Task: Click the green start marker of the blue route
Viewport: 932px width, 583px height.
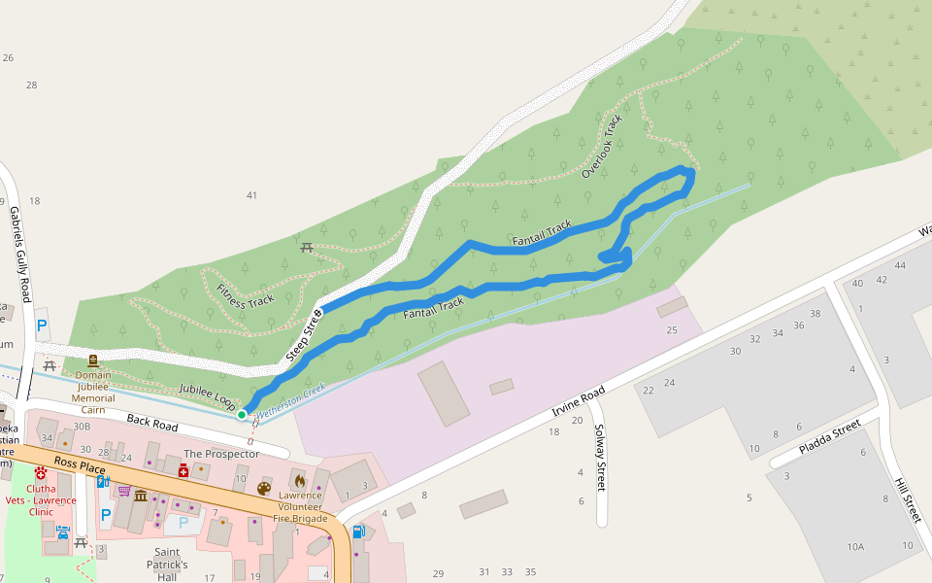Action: coord(242,415)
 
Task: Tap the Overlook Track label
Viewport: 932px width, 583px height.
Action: coord(602,147)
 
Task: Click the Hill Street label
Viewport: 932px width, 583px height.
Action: coord(908,499)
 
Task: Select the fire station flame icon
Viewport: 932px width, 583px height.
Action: coord(300,481)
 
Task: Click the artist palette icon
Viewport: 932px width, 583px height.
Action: coord(264,489)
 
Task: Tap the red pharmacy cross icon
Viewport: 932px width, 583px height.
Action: coord(183,471)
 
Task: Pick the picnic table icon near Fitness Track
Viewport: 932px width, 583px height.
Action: coord(308,248)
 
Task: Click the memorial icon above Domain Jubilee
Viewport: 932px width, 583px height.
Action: coord(93,360)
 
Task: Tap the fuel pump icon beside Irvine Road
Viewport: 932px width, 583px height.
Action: coord(358,532)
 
